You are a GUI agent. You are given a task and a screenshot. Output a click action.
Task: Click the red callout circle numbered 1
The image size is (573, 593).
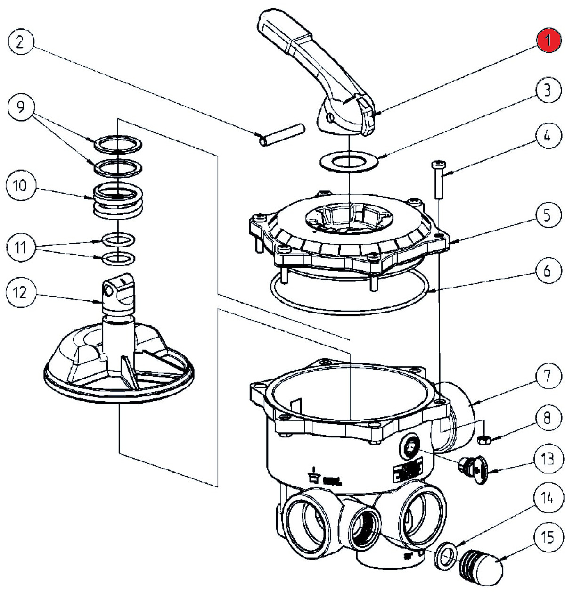click(x=548, y=41)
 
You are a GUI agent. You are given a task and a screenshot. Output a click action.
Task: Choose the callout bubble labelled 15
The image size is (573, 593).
click(x=548, y=537)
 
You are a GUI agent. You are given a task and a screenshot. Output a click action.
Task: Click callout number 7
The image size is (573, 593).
click(x=548, y=376)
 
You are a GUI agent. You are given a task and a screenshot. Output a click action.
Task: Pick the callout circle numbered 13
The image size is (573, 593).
click(x=548, y=459)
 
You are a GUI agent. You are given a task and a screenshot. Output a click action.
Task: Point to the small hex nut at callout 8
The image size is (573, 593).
click(x=483, y=440)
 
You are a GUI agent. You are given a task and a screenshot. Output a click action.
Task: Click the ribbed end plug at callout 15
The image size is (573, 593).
click(x=481, y=566)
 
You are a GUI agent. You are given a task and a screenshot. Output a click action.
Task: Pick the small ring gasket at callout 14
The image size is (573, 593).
click(x=445, y=556)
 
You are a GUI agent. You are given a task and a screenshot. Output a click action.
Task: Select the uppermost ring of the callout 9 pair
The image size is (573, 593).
click(x=117, y=143)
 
